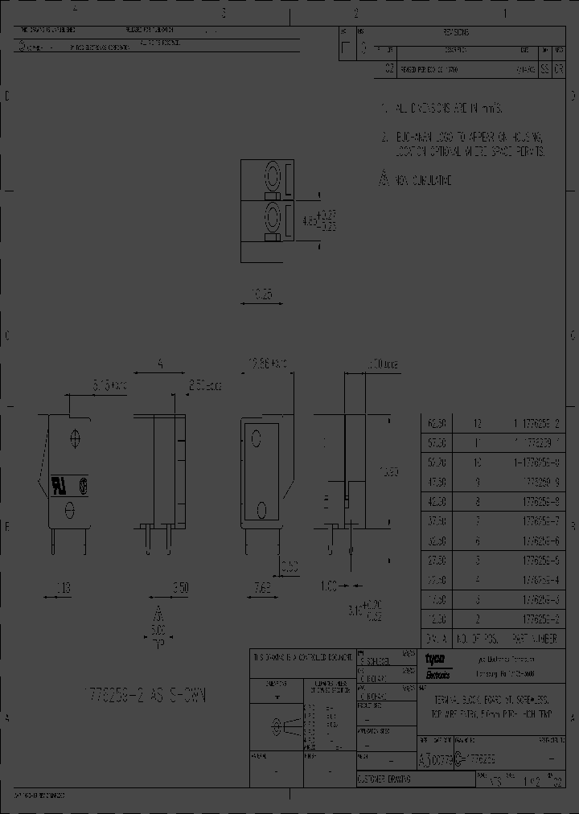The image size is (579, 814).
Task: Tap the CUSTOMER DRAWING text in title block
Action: click(384, 779)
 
